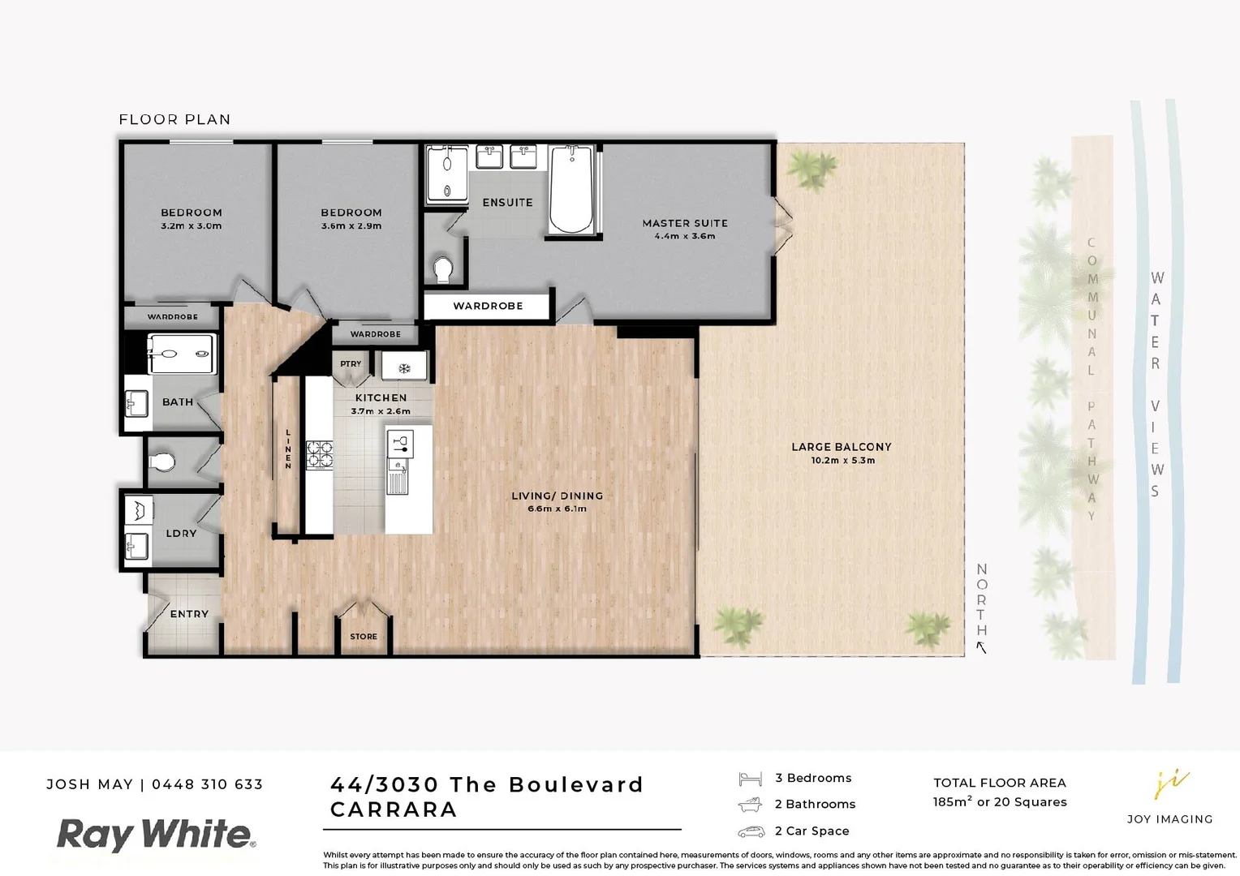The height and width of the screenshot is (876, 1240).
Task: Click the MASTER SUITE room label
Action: [x=684, y=223]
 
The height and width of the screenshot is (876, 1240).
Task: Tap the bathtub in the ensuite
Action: [x=570, y=188]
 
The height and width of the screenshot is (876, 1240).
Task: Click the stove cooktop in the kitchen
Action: [x=319, y=455]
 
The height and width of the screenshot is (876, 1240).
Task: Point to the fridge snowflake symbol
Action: [x=403, y=369]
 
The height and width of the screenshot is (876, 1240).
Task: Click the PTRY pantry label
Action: [x=351, y=364]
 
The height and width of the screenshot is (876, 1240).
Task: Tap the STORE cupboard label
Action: [x=363, y=637]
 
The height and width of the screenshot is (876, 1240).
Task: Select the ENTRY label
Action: [x=189, y=614]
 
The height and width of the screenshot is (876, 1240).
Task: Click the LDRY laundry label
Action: [x=181, y=534]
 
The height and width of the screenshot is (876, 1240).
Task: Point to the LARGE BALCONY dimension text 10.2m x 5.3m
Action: [x=842, y=461]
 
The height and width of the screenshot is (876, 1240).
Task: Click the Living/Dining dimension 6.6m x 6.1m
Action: [x=557, y=509]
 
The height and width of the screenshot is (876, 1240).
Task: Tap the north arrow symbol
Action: [x=981, y=647]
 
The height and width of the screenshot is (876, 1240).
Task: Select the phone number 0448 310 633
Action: [x=208, y=784]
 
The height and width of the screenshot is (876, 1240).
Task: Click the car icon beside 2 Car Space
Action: [x=751, y=831]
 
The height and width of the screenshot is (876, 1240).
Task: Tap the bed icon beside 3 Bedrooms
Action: [x=750, y=779]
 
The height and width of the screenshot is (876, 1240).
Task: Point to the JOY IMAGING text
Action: [x=1169, y=819]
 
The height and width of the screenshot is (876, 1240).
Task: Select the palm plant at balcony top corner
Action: [x=812, y=168]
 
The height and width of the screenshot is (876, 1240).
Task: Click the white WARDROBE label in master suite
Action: [x=488, y=306]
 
